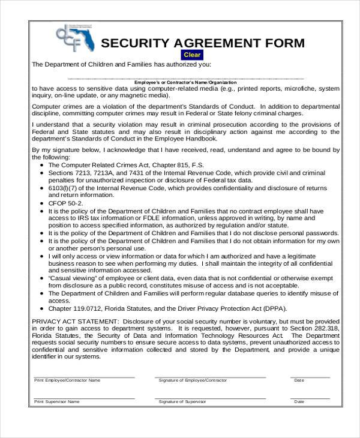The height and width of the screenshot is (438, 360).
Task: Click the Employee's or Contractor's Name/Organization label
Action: [185, 82]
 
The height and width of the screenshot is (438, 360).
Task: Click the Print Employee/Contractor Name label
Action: [67, 380]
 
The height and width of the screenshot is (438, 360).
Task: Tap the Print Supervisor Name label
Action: [56, 401]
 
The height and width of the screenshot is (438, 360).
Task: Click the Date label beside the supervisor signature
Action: [299, 401]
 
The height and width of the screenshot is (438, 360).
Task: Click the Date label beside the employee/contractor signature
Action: [299, 380]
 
